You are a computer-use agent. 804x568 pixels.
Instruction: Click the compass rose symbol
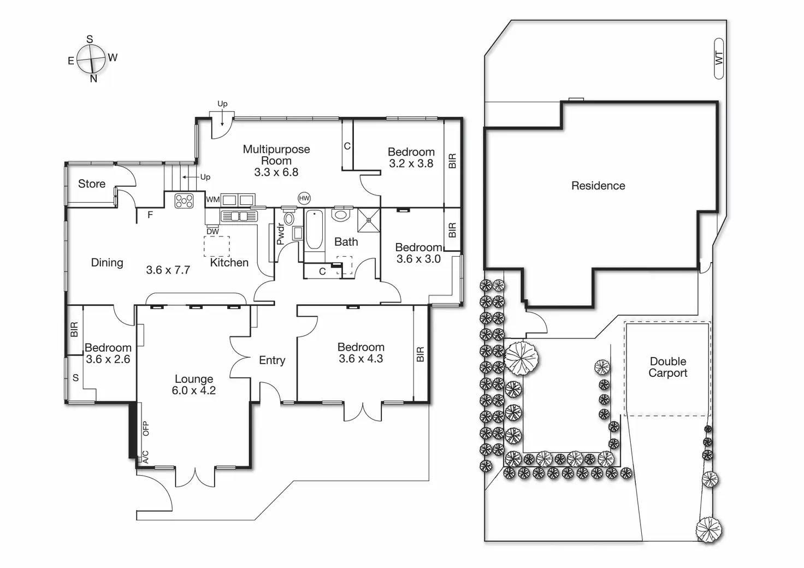(91, 58)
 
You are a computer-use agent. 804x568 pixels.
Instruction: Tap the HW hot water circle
(304, 198)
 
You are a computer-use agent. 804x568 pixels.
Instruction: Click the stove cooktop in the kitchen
(184, 201)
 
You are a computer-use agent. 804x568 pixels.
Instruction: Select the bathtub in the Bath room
(314, 230)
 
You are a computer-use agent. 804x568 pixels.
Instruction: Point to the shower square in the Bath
(369, 220)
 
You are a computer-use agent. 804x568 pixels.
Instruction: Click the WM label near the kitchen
(213, 200)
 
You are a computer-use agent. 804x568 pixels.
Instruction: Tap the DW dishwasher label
(212, 232)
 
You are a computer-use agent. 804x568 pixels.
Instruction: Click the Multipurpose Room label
(276, 155)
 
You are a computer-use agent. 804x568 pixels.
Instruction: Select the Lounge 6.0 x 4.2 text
(194, 384)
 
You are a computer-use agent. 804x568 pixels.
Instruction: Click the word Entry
(272, 360)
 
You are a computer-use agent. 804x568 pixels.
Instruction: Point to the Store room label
(92, 184)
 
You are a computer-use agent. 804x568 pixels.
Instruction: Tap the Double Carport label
(668, 367)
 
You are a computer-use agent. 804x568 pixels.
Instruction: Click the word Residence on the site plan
(598, 186)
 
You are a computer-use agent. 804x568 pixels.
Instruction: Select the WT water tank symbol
(719, 58)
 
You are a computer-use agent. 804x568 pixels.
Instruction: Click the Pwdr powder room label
(280, 234)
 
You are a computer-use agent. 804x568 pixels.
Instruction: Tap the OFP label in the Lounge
(145, 428)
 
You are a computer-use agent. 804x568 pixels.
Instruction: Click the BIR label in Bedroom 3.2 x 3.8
(452, 161)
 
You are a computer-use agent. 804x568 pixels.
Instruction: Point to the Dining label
(107, 263)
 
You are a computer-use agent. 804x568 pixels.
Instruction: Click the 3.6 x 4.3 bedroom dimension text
(360, 359)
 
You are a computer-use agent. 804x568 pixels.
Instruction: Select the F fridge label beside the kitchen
(150, 215)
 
